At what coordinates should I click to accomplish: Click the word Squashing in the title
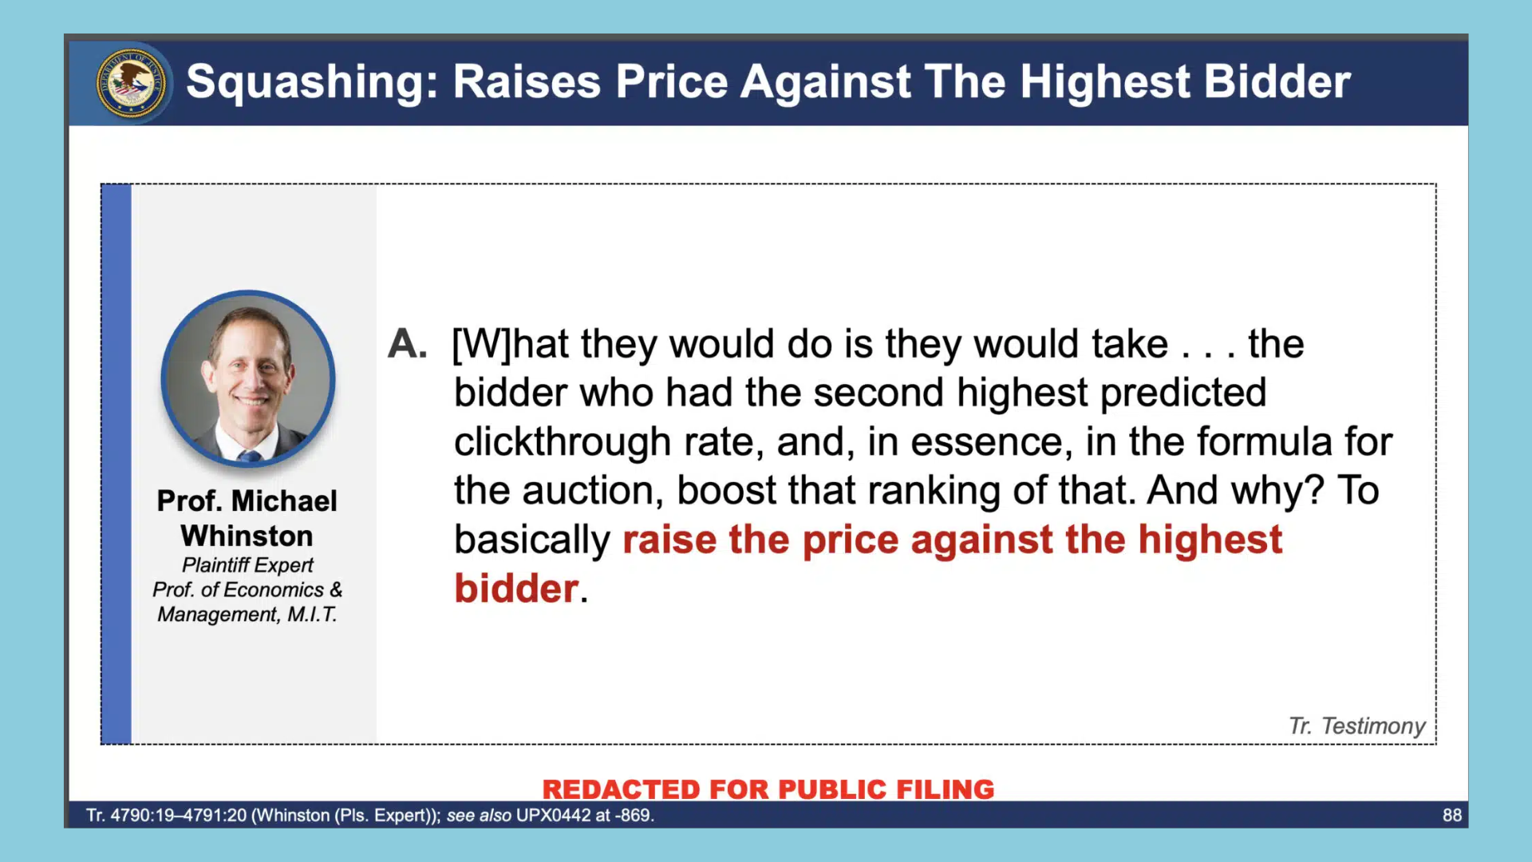click(x=312, y=82)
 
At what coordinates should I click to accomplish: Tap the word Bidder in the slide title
click(x=1277, y=81)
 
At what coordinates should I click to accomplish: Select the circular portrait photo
click(x=248, y=378)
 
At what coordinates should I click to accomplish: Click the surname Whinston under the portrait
click(x=247, y=536)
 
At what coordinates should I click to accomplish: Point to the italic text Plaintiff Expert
click(x=247, y=565)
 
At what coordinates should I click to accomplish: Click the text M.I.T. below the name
click(x=313, y=615)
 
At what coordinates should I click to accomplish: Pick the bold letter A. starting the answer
click(x=408, y=344)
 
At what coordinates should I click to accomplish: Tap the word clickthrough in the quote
click(x=563, y=441)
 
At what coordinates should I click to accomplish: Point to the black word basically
click(x=532, y=540)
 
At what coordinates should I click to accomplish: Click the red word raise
click(x=669, y=540)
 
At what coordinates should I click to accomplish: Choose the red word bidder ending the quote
click(x=516, y=588)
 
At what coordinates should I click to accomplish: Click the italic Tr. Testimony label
click(x=1357, y=726)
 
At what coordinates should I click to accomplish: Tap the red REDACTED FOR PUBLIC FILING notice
click(x=768, y=789)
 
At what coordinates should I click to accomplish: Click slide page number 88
click(x=1452, y=815)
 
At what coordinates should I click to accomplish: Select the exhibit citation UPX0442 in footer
click(x=554, y=815)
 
